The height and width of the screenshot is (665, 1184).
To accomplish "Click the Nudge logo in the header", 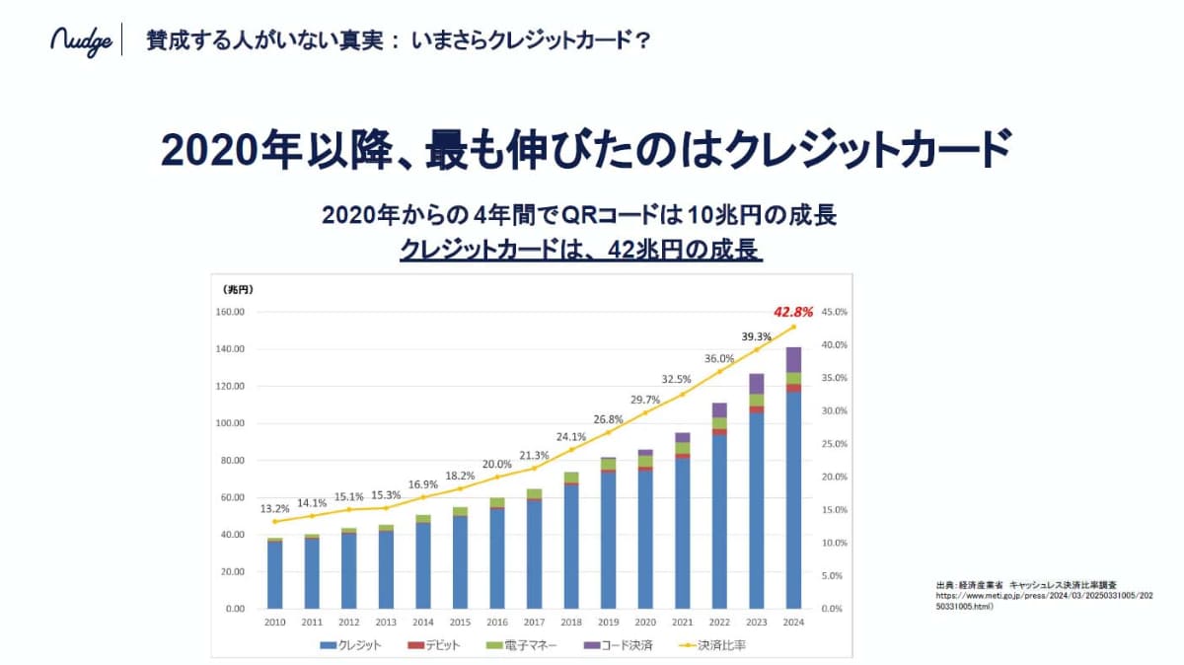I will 81,41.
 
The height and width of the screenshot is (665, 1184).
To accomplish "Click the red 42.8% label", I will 793,312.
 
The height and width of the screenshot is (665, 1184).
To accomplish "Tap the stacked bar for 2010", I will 274,573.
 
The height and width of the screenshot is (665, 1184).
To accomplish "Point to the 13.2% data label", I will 274,508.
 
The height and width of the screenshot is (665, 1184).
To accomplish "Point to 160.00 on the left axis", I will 230,312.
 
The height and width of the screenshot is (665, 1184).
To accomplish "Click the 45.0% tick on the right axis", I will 834,312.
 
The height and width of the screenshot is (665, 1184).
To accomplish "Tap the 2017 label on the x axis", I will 534,624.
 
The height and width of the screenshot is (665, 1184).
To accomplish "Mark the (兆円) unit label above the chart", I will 239,289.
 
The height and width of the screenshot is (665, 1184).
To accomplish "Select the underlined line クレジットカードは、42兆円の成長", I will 581,250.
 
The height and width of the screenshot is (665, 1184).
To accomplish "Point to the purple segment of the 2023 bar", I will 757,384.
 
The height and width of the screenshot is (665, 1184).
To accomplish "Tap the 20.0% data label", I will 496,464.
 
